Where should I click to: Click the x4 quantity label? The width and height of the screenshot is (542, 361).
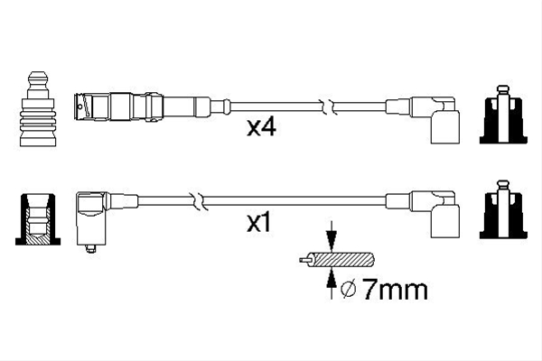click(261, 127)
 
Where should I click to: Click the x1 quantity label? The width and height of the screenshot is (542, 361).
click(259, 223)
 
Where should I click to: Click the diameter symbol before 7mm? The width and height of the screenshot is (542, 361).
click(349, 290)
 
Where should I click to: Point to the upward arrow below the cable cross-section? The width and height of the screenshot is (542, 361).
click(332, 282)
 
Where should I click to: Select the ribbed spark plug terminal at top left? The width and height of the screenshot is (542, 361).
click(38, 109)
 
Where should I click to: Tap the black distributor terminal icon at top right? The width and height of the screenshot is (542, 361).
click(503, 115)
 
